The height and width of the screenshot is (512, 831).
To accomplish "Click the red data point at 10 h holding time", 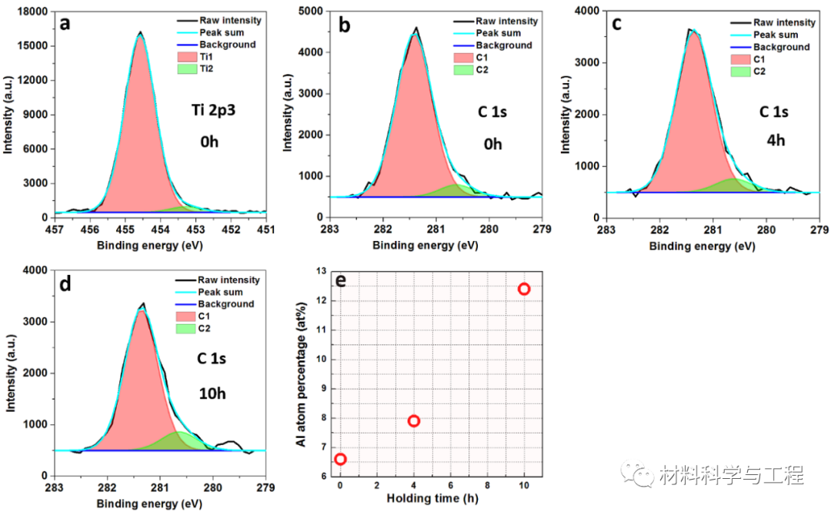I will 524,289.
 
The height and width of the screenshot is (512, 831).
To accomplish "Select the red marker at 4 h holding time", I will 414,420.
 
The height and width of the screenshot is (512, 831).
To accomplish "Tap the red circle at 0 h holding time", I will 340,459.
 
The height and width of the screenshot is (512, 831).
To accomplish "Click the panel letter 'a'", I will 65,23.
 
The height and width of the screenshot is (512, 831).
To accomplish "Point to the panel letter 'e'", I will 340,279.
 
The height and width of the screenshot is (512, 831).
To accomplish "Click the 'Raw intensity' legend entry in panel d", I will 229,280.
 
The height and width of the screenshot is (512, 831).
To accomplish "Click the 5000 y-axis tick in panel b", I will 312,11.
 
